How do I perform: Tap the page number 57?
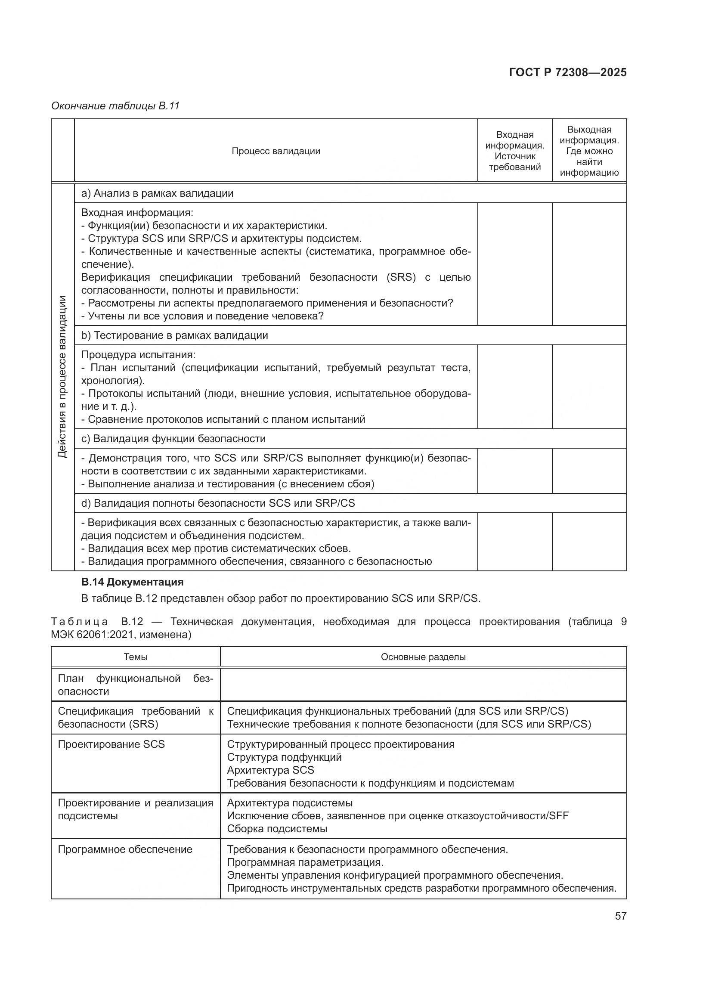pyautogui.click(x=620, y=916)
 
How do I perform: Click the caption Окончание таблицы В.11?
pyautogui.click(x=115, y=106)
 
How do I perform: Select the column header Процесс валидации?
pyautogui.click(x=276, y=151)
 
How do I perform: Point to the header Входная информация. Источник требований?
pyautogui.click(x=515, y=151)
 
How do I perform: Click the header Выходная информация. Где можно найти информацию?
pyautogui.click(x=589, y=151)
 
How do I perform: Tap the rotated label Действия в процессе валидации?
pyautogui.click(x=63, y=377)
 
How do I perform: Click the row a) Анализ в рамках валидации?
pyautogui.click(x=158, y=193)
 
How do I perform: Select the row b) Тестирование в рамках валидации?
pyautogui.click(x=174, y=335)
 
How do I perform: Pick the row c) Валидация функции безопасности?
pyautogui.click(x=173, y=439)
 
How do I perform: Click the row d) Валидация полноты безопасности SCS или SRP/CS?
pyautogui.click(x=218, y=503)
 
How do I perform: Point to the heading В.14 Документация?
pyautogui.click(x=133, y=582)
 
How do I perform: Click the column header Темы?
pyautogui.click(x=136, y=657)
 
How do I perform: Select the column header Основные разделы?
pyautogui.click(x=423, y=657)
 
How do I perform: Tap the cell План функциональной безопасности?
pyautogui.click(x=136, y=685)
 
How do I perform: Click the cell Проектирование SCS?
pyautogui.click(x=111, y=744)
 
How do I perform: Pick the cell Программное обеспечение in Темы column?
pyautogui.click(x=125, y=849)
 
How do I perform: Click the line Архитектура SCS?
pyautogui.click(x=270, y=770)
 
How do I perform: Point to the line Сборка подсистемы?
pyautogui.click(x=277, y=828)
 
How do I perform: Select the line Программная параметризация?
pyautogui.click(x=305, y=862)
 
